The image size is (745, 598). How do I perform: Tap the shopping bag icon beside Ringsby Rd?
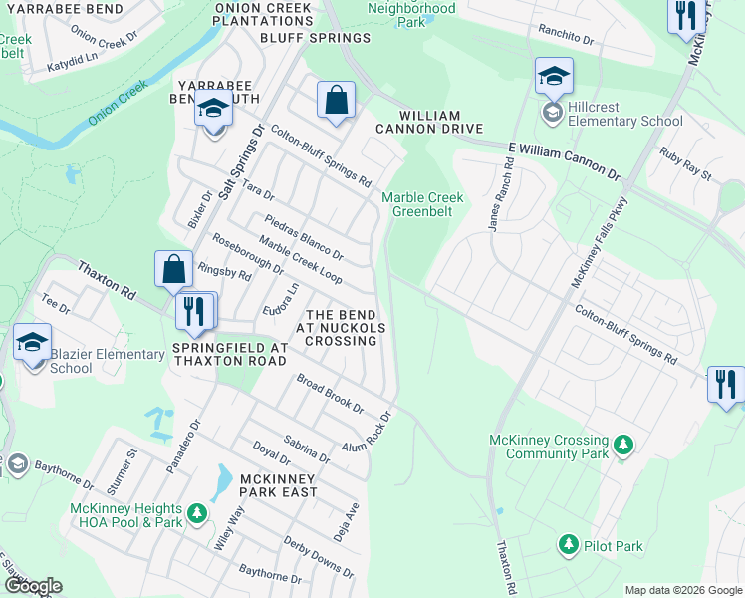173,270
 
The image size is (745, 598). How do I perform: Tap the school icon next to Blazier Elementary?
32,342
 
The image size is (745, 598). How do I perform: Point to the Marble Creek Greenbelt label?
422,204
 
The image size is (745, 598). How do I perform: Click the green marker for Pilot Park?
568,545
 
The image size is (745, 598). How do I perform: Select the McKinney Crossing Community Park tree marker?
623,444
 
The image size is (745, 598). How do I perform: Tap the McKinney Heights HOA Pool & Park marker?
197,513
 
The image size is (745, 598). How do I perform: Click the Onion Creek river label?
118,104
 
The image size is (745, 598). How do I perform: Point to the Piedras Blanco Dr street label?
304,235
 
